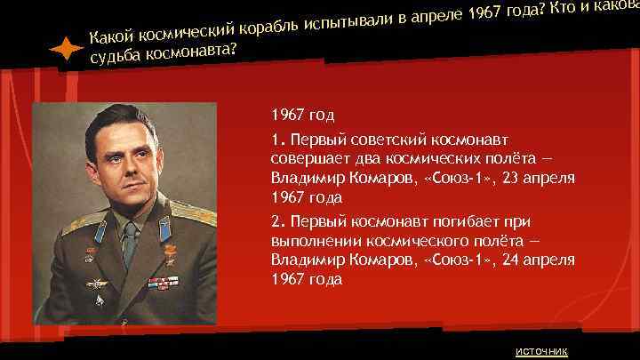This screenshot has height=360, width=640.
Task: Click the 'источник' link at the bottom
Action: [540, 349]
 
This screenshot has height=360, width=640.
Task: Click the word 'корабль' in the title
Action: [268, 28]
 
